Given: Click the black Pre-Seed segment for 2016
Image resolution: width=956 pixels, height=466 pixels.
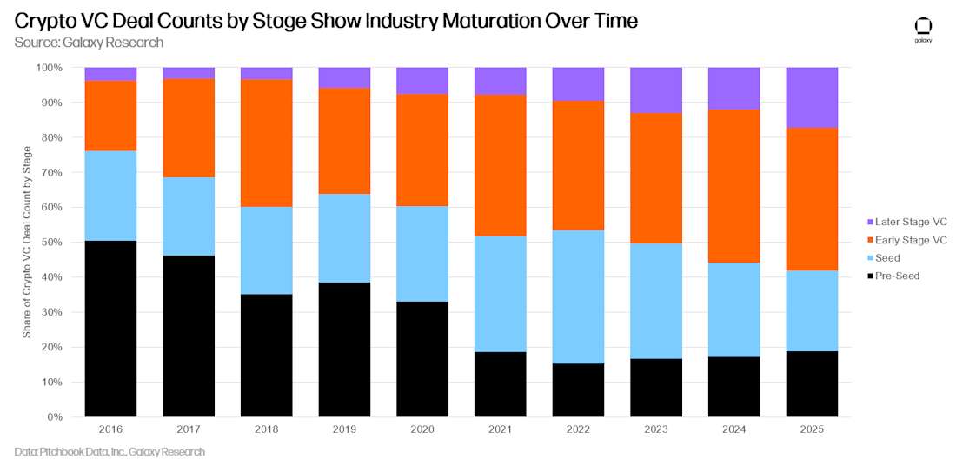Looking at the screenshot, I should click(110, 329).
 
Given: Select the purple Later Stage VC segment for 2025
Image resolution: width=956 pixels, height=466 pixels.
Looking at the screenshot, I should click(812, 97).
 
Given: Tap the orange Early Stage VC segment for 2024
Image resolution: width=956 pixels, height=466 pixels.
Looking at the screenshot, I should click(734, 186).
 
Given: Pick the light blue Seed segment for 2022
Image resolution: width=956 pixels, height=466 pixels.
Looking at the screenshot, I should click(578, 296).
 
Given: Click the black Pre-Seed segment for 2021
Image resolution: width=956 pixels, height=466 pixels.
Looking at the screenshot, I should click(500, 384).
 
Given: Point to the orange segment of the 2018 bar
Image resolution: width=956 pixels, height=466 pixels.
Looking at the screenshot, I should click(266, 143).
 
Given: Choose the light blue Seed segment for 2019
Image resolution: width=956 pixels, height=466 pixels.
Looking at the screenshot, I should click(344, 238).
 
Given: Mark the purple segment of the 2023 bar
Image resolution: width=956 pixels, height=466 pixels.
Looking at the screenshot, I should click(656, 90).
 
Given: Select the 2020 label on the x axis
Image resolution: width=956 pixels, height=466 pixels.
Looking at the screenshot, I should click(422, 430).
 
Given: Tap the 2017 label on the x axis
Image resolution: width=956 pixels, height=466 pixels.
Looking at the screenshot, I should click(189, 430).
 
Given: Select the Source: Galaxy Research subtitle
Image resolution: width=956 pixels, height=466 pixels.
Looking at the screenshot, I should click(89, 43).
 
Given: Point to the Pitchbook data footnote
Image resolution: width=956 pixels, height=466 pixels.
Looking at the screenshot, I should click(110, 452).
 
